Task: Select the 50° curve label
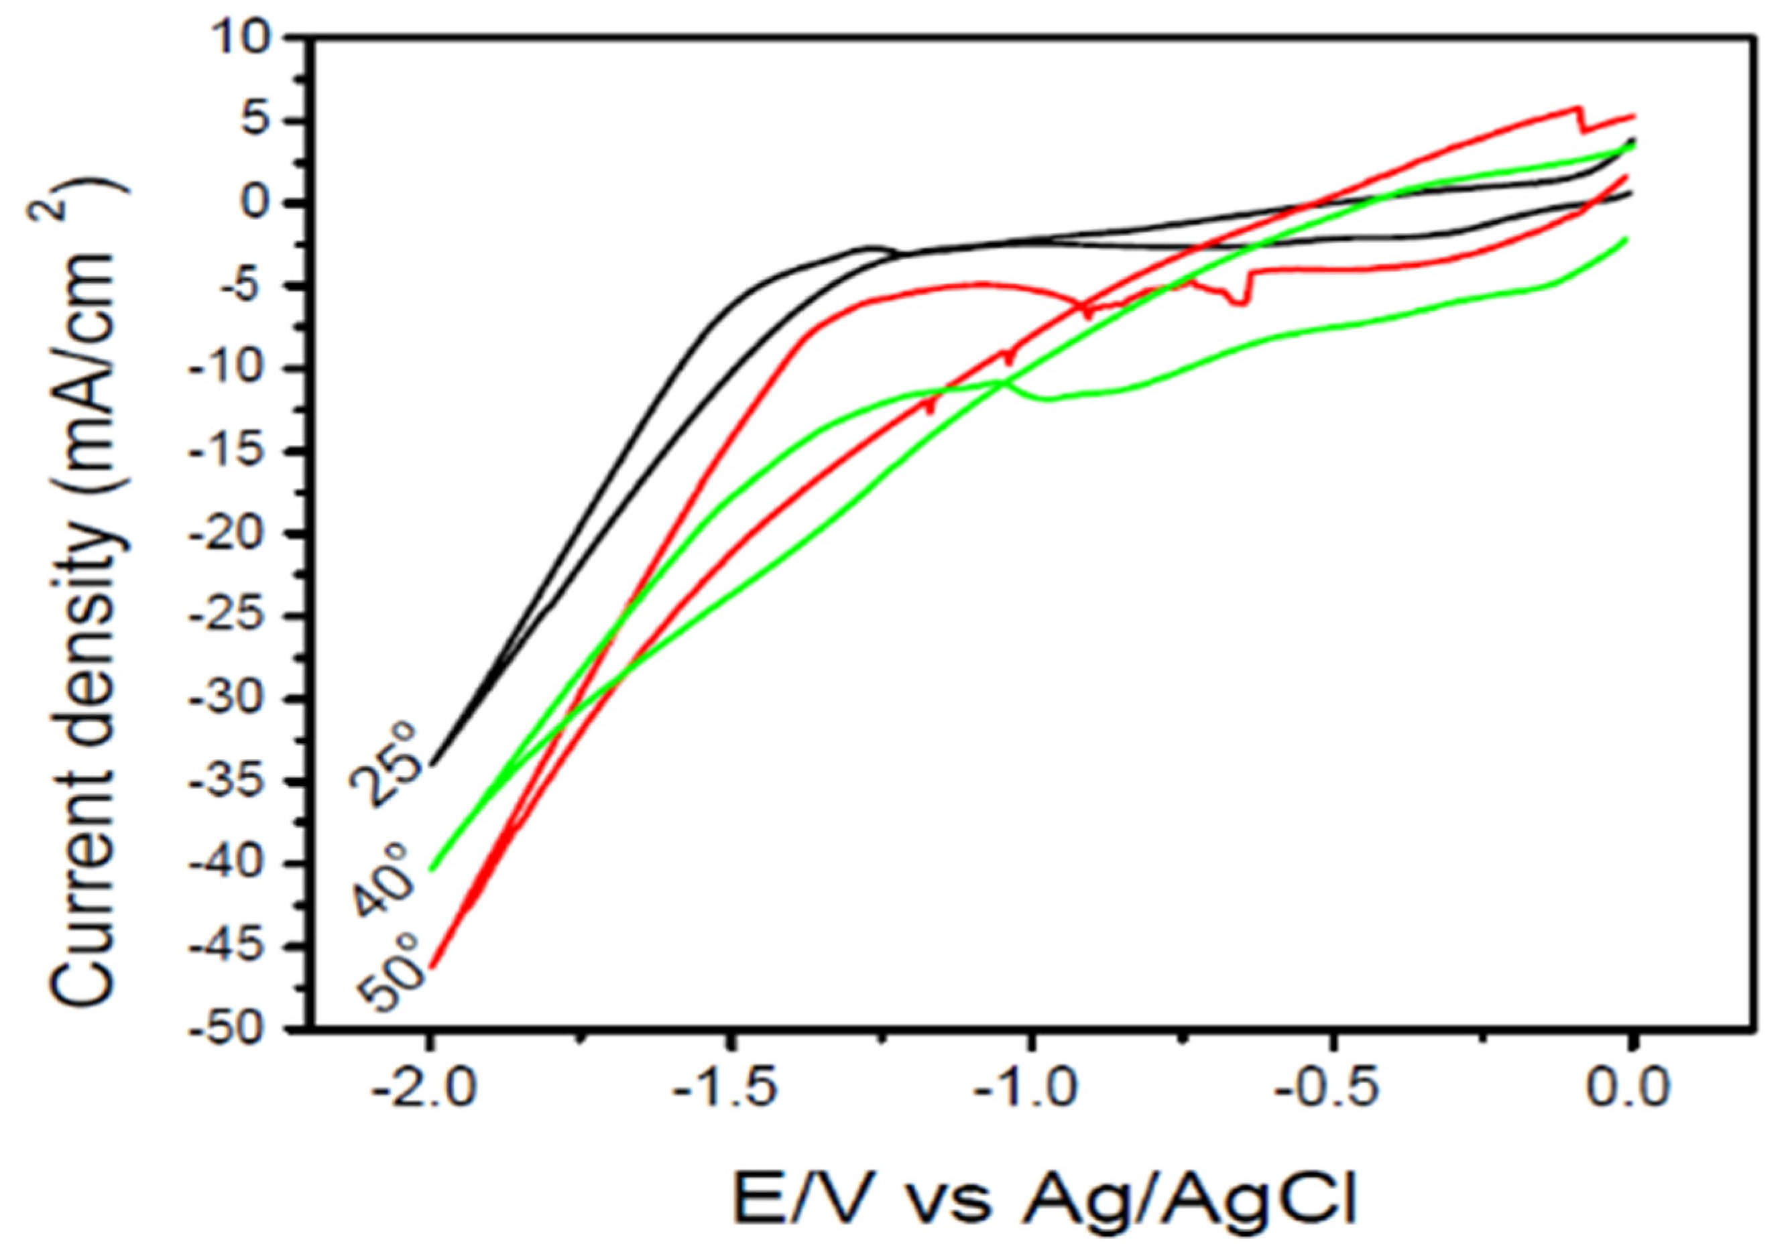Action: click(392, 974)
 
